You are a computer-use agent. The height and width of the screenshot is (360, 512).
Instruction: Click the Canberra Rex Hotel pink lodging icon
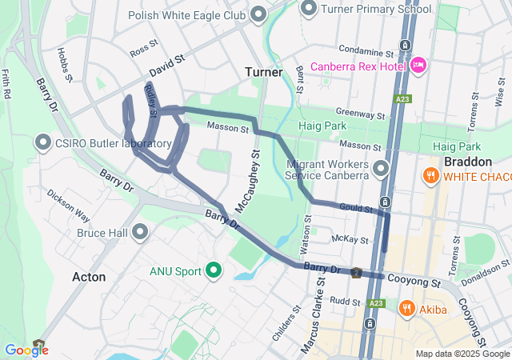[418, 66]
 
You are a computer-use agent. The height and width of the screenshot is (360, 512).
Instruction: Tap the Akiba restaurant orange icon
[406, 307]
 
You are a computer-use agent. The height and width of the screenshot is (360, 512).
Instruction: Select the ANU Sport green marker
[214, 271]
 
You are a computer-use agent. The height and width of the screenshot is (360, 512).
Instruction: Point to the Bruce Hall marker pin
[141, 233]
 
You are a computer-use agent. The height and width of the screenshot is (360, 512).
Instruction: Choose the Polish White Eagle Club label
[189, 14]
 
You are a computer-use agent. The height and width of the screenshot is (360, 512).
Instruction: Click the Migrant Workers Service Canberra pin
[381, 168]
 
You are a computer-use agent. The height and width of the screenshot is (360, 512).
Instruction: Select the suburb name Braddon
[466, 161]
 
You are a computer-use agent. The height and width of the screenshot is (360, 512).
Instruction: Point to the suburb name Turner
[264, 72]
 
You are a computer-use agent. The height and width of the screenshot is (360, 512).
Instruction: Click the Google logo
[26, 350]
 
